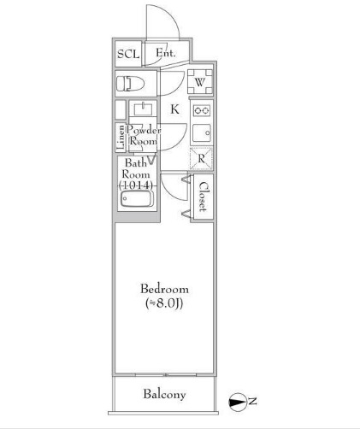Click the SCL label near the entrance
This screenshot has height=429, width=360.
point(128,54)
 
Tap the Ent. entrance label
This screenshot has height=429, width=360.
point(165,54)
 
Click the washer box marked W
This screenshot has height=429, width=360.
point(199,83)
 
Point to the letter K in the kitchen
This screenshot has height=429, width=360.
point(174,109)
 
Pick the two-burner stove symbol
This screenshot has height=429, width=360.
point(203,111)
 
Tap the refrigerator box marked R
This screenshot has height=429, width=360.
point(202,158)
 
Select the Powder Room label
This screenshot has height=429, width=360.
point(145,135)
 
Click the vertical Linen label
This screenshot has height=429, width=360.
point(121,138)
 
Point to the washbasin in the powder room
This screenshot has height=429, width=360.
point(142,109)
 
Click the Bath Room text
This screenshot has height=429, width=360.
point(137,167)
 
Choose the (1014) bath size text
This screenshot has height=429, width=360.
point(137,185)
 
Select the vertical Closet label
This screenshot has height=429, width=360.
point(204,197)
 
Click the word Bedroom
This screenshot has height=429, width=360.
point(164,289)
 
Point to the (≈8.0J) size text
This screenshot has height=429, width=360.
point(164,303)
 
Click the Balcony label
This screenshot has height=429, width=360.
point(164,394)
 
